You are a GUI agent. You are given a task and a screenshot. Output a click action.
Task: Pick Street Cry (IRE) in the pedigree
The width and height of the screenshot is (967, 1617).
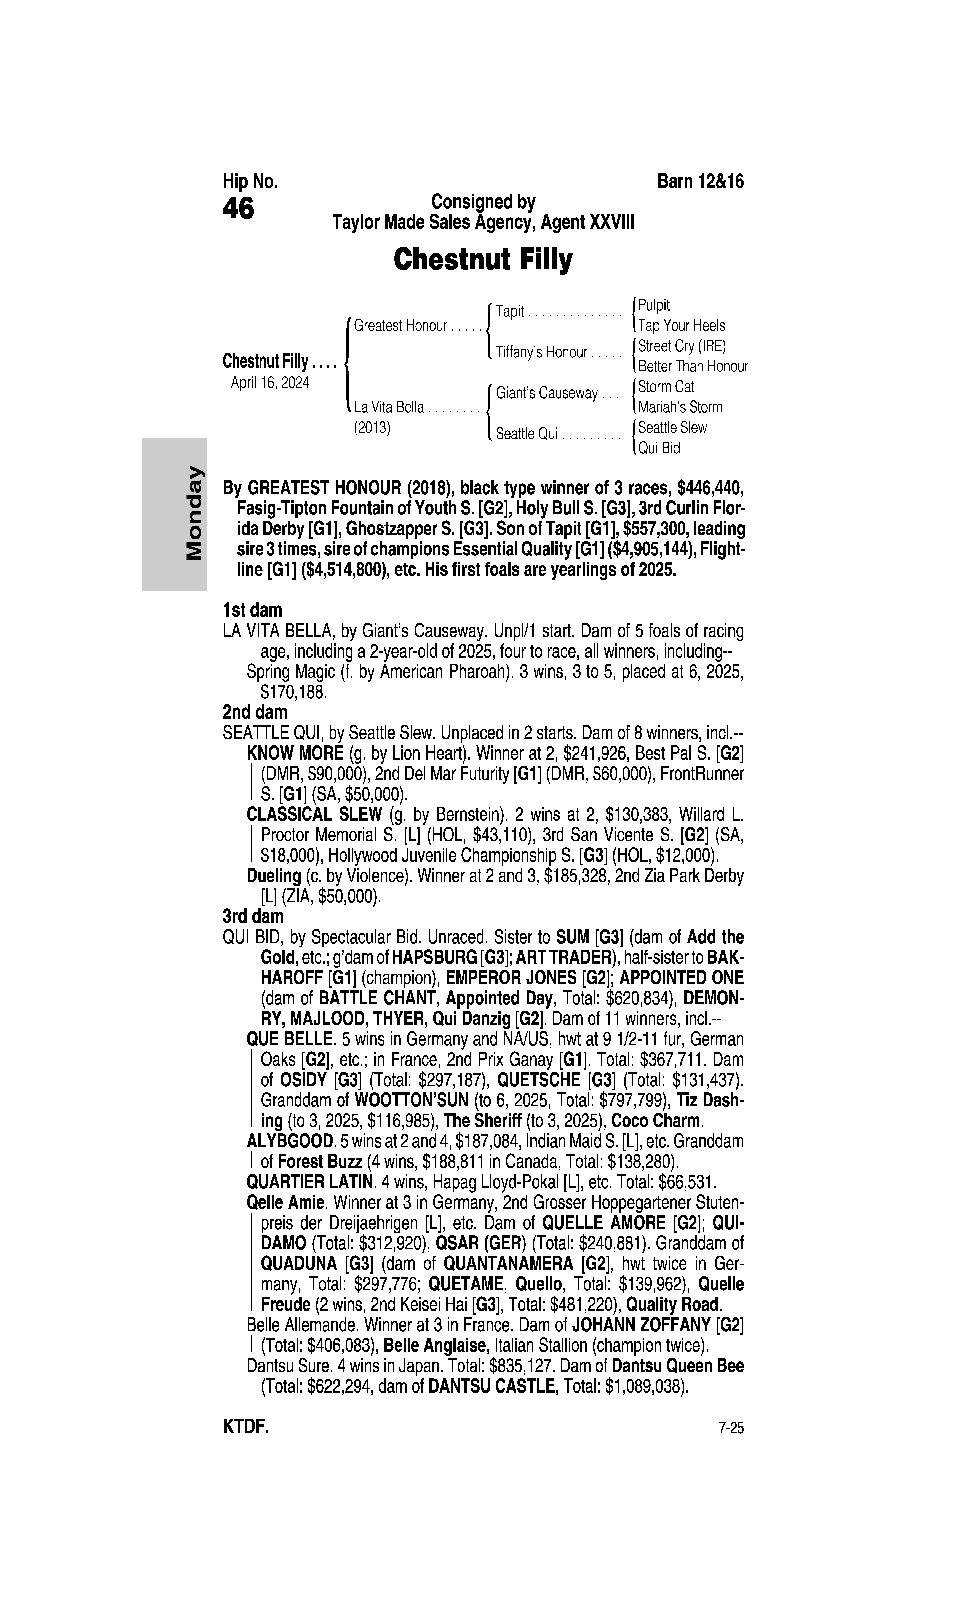[x=682, y=346]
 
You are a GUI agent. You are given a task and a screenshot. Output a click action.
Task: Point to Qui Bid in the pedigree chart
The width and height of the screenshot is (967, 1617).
[x=659, y=448]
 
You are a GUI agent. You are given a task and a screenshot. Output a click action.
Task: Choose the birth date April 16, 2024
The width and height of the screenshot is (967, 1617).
[x=270, y=382]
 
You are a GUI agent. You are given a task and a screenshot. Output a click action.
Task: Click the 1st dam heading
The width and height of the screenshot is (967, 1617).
[x=252, y=610]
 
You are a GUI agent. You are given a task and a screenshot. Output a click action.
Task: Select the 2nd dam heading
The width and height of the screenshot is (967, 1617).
[x=255, y=712]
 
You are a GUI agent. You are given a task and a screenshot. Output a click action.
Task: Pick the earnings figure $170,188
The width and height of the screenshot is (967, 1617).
[x=293, y=692]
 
